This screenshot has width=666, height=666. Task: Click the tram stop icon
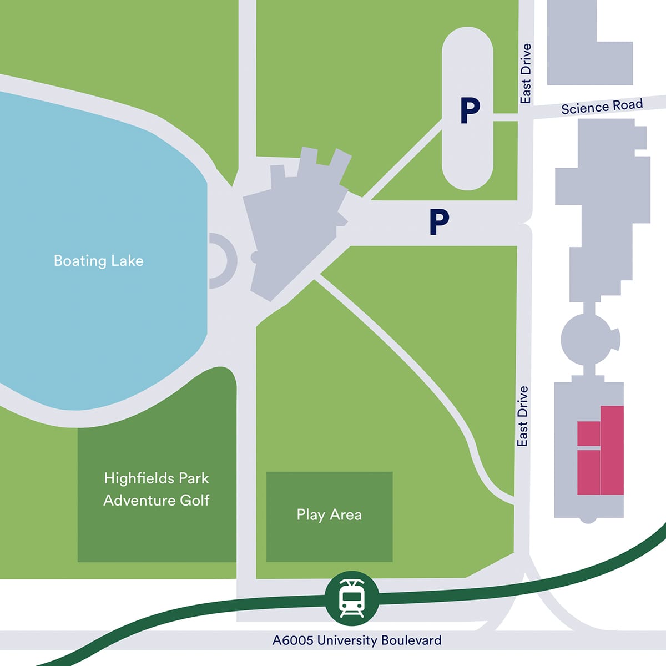(x=352, y=598)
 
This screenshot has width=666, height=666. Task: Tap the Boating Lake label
(x=98, y=261)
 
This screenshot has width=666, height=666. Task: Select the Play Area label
(x=329, y=514)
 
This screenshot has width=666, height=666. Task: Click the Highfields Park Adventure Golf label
(x=157, y=489)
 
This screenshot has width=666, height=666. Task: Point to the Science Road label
(x=602, y=106)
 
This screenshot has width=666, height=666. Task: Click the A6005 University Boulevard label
(x=357, y=640)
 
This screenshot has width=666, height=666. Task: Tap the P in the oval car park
(x=470, y=110)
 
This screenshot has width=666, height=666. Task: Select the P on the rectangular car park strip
(x=438, y=222)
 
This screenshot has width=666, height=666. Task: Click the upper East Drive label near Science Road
(x=525, y=74)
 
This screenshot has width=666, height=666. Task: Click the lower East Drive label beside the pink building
(x=522, y=416)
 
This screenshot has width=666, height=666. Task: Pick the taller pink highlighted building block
(x=612, y=450)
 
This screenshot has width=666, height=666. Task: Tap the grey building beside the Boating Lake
(x=294, y=222)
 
